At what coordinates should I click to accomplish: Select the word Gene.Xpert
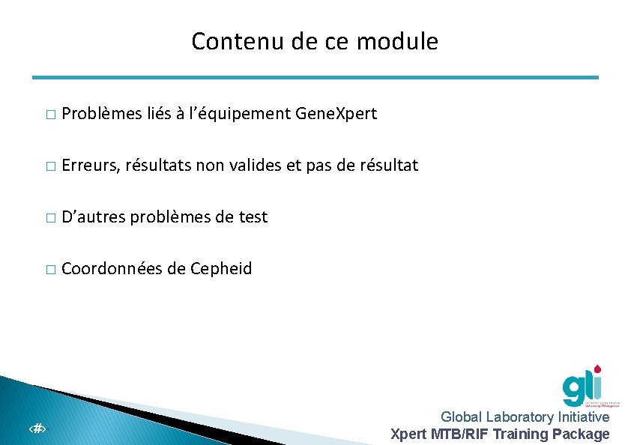click(x=336, y=114)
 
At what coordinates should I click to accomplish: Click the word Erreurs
click(x=91, y=165)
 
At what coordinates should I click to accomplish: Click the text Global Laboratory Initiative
click(x=525, y=417)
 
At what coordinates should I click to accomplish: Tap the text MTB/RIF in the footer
click(x=459, y=434)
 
